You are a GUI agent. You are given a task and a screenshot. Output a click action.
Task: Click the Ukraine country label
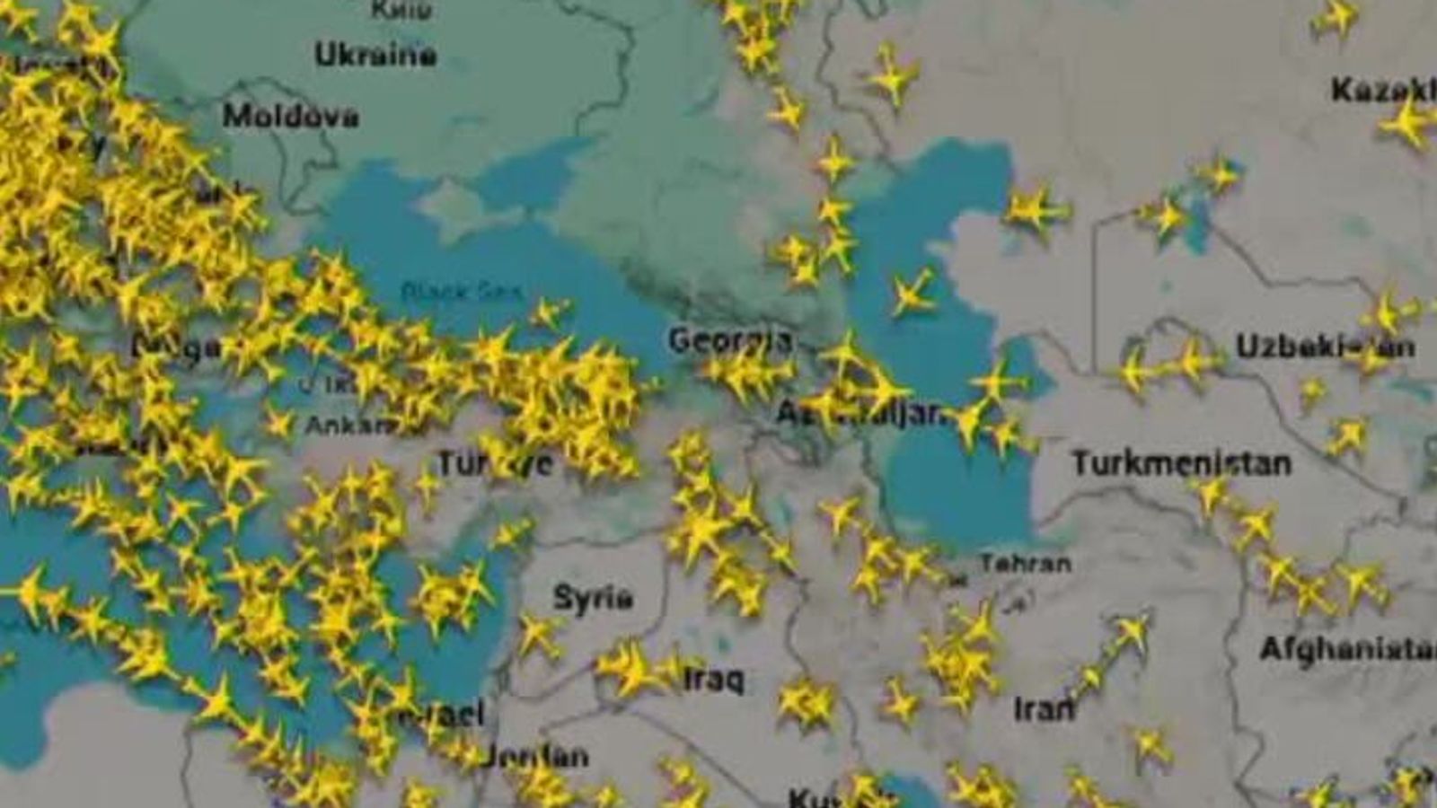pyautogui.click(x=375, y=55)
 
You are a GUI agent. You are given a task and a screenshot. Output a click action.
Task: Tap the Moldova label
pyautogui.click(x=290, y=116)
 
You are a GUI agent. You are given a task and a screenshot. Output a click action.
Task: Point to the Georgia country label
pyautogui.click(x=729, y=340)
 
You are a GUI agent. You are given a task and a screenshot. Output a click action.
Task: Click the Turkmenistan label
pyautogui.click(x=1181, y=463)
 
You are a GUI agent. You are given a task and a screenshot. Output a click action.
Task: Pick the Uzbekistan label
pyautogui.click(x=1325, y=347)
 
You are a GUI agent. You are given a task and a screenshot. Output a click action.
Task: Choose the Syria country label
pyautogui.click(x=593, y=597)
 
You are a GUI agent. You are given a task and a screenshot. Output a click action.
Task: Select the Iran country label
pyautogui.click(x=1044, y=709)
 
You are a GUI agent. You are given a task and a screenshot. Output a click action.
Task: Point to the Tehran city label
pyautogui.click(x=1025, y=564)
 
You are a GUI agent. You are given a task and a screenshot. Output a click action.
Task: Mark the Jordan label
pyautogui.click(x=536, y=756)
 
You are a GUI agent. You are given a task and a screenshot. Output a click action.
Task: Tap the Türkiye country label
pyautogui.click(x=495, y=463)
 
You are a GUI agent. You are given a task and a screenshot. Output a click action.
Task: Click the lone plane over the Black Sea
pyautogui.click(x=549, y=312)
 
